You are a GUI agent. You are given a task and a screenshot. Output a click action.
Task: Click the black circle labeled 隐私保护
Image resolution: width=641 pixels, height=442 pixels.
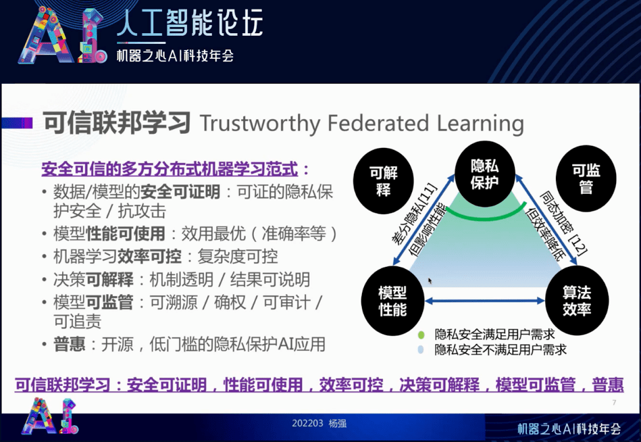(484, 174)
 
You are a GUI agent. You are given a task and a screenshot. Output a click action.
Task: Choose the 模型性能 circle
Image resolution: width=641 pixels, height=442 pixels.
(392, 301)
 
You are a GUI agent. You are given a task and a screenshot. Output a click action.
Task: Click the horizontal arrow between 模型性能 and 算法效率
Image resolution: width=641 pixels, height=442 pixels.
(484, 301)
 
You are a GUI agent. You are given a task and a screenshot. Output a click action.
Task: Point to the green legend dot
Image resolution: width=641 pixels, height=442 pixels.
(421, 335)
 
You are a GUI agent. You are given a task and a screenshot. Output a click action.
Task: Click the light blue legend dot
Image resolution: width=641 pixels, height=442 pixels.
(421, 349)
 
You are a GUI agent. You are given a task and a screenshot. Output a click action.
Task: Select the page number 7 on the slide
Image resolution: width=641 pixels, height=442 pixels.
(613, 403)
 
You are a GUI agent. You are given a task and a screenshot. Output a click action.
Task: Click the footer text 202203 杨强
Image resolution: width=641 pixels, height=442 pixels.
(319, 424)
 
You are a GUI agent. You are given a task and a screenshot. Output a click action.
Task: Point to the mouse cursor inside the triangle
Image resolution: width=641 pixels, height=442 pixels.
(430, 279)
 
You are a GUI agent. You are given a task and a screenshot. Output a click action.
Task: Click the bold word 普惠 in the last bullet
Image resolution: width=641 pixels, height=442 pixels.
(70, 344)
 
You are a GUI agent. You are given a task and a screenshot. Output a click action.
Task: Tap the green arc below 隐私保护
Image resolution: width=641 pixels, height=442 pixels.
(484, 216)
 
